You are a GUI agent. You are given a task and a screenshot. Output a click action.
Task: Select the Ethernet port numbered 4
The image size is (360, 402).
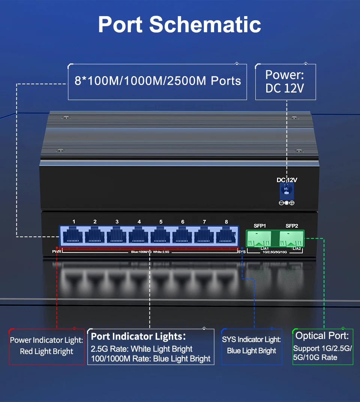[139, 236]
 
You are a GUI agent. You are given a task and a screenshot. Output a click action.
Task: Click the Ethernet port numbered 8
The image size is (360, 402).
[226, 236]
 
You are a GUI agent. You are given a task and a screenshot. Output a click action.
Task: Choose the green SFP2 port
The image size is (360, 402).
[291, 238]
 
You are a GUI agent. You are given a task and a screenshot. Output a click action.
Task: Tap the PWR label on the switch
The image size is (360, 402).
[57, 251]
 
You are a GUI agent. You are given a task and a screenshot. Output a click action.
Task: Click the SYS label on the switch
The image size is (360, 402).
[242, 252]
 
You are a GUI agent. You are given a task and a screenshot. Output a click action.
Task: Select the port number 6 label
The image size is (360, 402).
[183, 222]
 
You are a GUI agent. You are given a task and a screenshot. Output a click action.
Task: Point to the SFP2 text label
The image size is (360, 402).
[292, 226]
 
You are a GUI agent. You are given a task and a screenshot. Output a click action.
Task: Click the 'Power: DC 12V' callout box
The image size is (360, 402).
[285, 82]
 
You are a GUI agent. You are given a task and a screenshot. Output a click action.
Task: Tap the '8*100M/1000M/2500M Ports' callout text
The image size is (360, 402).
[157, 81]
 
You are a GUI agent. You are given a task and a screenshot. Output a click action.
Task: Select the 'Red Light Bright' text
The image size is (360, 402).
[46, 351]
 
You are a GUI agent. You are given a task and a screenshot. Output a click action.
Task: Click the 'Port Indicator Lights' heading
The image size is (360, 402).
[138, 336]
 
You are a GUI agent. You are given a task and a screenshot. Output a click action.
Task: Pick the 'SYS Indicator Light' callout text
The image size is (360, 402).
[251, 339]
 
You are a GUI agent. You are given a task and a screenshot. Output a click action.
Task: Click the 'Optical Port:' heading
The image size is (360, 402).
[322, 335]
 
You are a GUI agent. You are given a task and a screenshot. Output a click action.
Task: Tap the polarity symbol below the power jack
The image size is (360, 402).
[287, 203]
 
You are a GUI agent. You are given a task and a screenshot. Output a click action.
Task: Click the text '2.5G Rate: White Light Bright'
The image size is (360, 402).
[142, 349]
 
